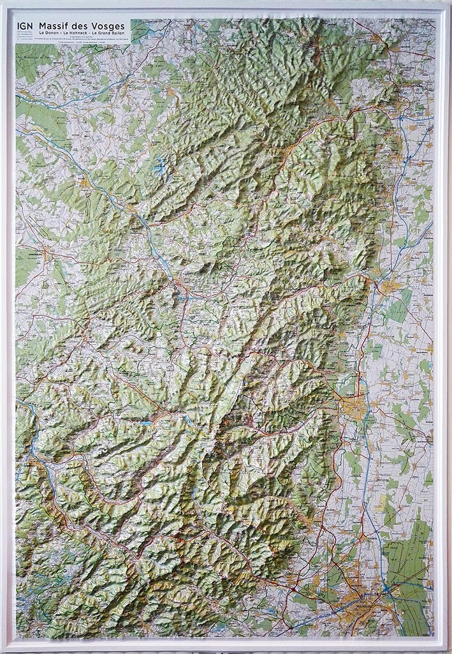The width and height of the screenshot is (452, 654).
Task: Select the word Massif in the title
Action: pos(55,26)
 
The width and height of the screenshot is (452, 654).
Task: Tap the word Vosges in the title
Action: pos(107,26)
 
